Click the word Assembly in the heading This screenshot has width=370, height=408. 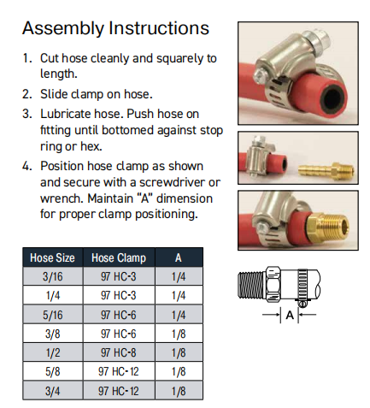(63, 29)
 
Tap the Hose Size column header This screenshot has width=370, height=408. (52, 257)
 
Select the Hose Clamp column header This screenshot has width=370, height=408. (119, 257)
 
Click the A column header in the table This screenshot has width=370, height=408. (179, 257)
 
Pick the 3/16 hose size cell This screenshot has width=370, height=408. (53, 276)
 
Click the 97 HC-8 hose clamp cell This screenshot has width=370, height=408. (119, 352)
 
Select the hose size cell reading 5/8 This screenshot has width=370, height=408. (53, 371)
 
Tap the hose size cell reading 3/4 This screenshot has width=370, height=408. (53, 391)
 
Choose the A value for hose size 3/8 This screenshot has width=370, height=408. (179, 334)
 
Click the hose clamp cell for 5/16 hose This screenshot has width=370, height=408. (119, 315)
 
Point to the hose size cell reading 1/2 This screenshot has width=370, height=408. (53, 352)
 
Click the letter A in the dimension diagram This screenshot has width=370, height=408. (290, 315)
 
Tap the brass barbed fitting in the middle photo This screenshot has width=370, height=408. (326, 170)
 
